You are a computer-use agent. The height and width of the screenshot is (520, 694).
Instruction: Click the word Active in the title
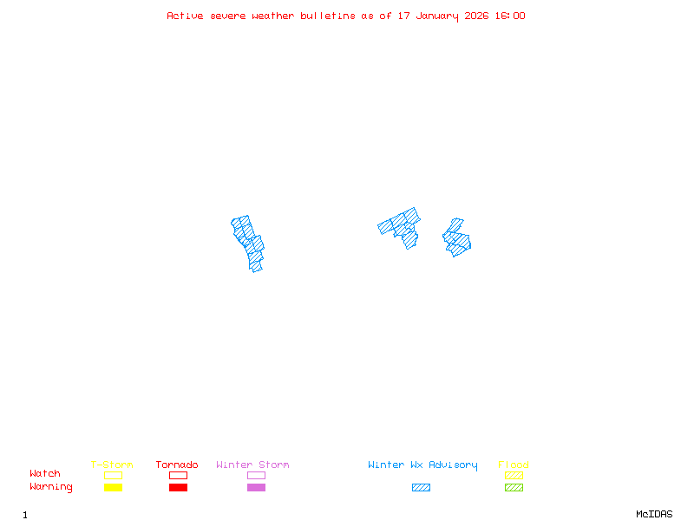coord(186,16)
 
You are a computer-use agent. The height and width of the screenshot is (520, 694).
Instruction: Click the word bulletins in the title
coord(328,16)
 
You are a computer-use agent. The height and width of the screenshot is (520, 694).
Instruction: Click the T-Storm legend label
coord(112,465)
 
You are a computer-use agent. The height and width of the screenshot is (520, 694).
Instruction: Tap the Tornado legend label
coord(177,465)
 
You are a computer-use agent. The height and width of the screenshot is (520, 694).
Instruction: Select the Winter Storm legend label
coord(252,465)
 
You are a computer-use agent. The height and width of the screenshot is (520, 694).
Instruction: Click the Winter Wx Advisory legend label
coord(422,465)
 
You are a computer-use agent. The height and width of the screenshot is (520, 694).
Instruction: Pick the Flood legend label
coord(514,465)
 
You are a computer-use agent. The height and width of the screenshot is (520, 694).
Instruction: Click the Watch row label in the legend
coord(45,474)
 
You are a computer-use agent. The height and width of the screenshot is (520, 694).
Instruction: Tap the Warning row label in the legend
coord(51,487)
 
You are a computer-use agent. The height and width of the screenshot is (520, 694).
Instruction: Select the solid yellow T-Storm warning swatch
coord(113,488)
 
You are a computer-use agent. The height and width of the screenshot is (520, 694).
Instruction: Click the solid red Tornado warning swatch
coord(178,488)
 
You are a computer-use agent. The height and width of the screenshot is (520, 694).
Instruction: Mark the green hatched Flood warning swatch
coord(514,488)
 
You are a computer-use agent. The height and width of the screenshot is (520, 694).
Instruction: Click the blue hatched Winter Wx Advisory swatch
coord(421,488)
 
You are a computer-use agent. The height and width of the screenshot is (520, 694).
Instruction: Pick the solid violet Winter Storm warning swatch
coord(256,488)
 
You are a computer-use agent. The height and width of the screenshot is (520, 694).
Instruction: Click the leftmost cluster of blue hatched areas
coord(249,242)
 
